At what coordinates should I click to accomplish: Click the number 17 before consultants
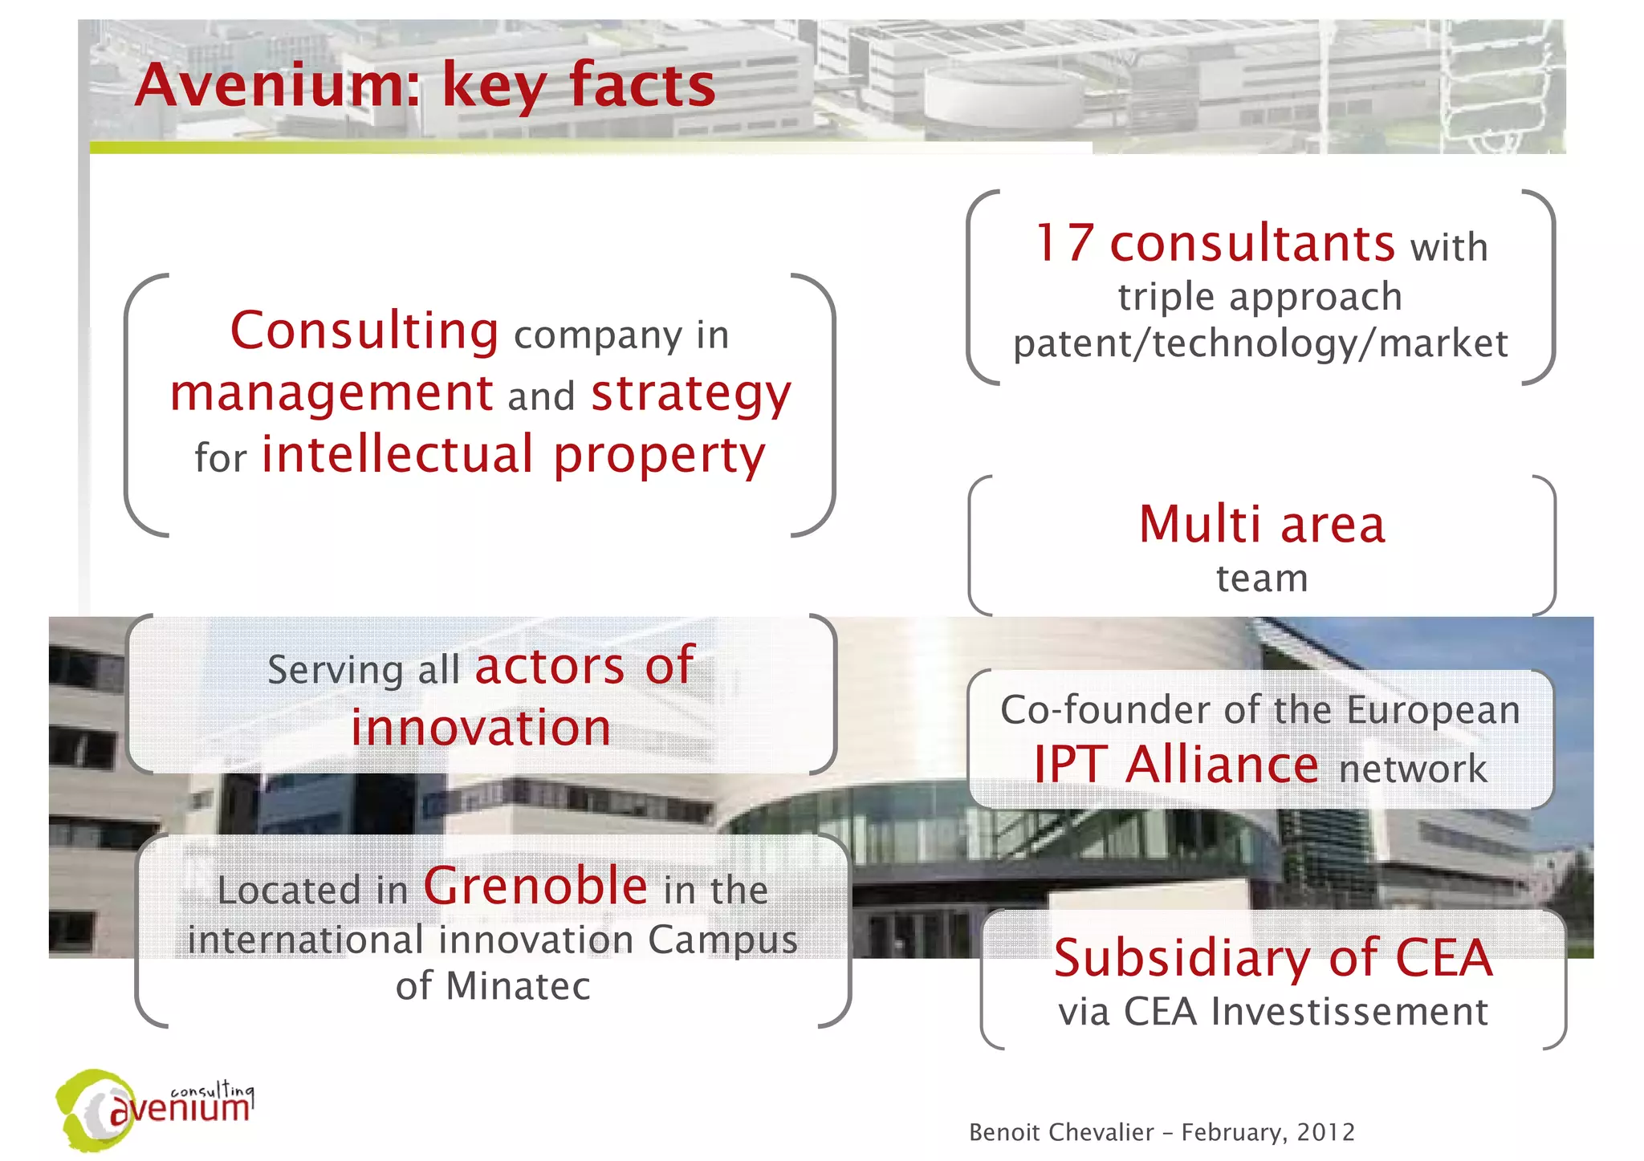click(x=1064, y=243)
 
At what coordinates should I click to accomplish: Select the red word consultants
click(x=1252, y=243)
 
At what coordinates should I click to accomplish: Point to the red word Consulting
click(x=364, y=331)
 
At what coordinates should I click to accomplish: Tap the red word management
click(x=332, y=393)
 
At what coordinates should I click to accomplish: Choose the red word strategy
click(x=691, y=395)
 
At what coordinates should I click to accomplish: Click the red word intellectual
click(x=398, y=454)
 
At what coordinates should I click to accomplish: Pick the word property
click(x=659, y=456)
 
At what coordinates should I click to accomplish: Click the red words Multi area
click(x=1262, y=525)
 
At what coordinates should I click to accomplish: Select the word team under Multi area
click(x=1262, y=578)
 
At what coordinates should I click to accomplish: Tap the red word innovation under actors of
click(x=481, y=728)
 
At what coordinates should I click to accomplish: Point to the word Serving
click(x=335, y=670)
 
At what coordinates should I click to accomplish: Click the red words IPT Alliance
click(x=1176, y=765)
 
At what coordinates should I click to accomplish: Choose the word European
click(x=1433, y=711)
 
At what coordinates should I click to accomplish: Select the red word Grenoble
click(x=535, y=886)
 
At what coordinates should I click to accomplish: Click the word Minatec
click(x=518, y=986)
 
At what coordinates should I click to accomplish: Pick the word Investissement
click(x=1349, y=1012)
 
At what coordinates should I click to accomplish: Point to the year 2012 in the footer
click(x=1325, y=1132)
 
